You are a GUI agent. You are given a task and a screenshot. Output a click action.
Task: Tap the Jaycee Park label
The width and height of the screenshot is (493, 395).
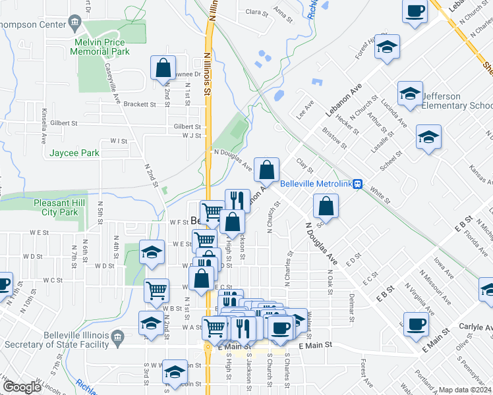click(74, 153)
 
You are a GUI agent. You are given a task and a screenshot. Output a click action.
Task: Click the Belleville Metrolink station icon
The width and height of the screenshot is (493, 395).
click(357, 184)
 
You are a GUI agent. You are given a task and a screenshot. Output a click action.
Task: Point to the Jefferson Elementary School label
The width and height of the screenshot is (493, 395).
click(456, 101)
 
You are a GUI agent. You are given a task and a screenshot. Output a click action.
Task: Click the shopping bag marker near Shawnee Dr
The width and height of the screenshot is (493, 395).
click(163, 68)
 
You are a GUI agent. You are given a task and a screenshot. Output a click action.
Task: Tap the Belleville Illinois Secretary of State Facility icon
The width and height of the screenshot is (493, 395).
click(117, 338)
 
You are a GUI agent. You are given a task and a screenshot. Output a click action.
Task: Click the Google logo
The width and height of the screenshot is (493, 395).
click(22, 387)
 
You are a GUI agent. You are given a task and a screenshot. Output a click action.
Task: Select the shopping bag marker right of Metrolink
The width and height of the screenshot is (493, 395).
click(326, 206)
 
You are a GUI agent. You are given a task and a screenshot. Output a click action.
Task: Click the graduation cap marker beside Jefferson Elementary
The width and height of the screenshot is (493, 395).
click(409, 93)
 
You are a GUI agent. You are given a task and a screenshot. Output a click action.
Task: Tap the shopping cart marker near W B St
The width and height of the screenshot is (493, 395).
click(157, 290)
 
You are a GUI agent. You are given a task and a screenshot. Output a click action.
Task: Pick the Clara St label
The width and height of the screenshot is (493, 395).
click(256, 12)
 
